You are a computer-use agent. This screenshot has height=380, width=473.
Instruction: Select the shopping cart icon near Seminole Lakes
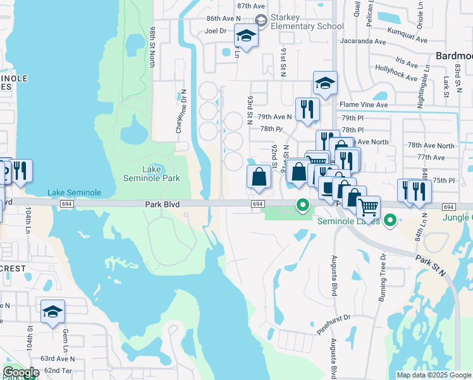[x=368, y=206]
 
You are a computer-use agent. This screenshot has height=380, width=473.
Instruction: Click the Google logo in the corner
[x=20, y=373]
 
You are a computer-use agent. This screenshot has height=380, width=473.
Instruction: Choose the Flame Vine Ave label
[x=364, y=104]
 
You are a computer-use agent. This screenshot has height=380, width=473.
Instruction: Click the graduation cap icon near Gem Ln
[x=53, y=312]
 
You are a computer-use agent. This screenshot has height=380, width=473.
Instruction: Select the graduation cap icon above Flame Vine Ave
[x=325, y=83]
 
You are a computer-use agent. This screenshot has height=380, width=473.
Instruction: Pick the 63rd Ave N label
[x=58, y=358]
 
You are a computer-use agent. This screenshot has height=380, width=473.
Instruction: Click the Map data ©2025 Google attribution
[x=434, y=375]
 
